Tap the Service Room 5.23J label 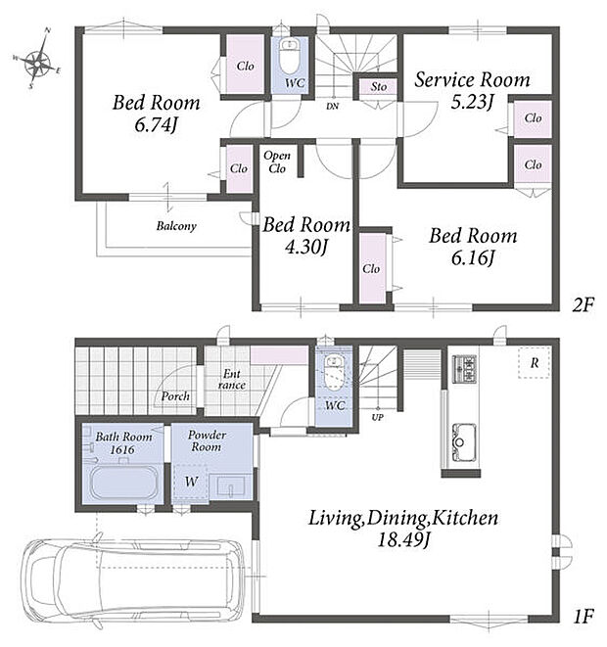pos(472,90)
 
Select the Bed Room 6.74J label pos(156,114)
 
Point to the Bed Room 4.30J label pos(306,236)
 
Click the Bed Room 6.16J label pos(473,247)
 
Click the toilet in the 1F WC pos(333,372)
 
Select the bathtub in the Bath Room pos(123,483)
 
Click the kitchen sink pos(464,442)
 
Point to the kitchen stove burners pos(465,369)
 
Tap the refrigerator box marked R pos(535,362)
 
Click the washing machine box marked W pos(190,482)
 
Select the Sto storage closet pos(378,87)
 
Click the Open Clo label pos(277,162)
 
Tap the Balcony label pos(176,226)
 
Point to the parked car pos(133,578)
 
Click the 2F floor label pos(583,305)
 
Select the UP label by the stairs pos(377,417)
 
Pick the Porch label pos(175,396)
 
